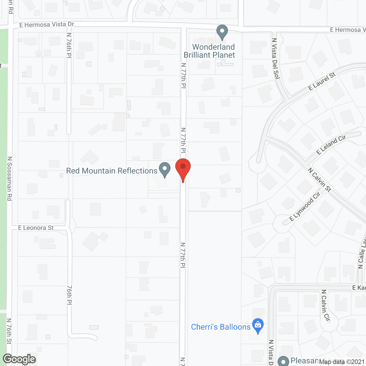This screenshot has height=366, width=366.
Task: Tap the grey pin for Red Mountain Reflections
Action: pos(164,169)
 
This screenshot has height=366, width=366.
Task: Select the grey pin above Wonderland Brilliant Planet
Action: pos(222,32)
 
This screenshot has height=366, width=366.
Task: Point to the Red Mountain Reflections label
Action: pos(112,171)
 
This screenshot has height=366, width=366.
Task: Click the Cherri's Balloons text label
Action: pos(220,327)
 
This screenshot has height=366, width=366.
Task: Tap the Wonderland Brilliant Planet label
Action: pos(210,51)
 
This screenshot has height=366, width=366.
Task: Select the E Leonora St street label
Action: pos(36,228)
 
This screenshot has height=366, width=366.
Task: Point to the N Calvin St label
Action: pos(319,180)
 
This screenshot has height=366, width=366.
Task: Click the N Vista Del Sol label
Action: pos(275,59)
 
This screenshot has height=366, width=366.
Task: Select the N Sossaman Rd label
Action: pos(10,178)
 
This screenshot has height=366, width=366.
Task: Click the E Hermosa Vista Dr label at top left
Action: pos(47,25)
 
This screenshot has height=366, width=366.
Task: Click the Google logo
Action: pos(19,359)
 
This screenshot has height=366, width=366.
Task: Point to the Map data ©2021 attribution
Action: pos(342,362)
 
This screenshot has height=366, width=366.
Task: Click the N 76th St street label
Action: pos(9,331)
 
